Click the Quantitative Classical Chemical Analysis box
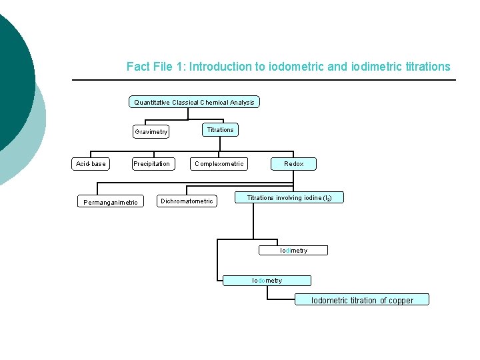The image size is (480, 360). tap(194, 102)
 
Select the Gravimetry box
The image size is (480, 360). tap(151, 131)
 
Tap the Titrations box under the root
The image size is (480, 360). tap(220, 130)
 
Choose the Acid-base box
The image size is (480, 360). tap(91, 163)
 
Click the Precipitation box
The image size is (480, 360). tap(151, 163)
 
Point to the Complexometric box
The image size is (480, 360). tap(219, 163)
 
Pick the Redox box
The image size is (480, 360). tap(293, 163)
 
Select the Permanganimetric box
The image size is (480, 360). tap(111, 201)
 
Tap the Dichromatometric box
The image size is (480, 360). tap(187, 201)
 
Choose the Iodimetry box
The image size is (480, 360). tap(293, 251)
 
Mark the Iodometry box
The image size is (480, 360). tap(267, 281)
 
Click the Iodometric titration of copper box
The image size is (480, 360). tap(362, 301)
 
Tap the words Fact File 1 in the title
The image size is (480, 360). tap(156, 67)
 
